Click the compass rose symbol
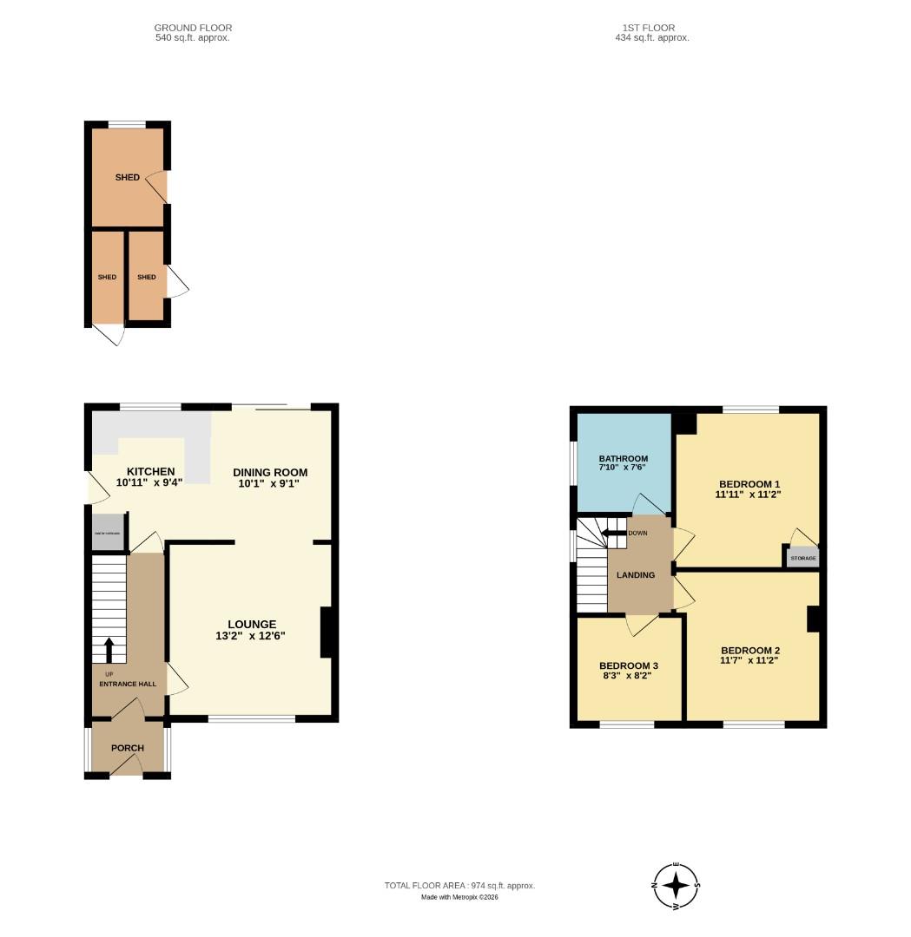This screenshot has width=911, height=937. coord(677,886)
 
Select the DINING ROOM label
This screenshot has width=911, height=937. coord(270,473)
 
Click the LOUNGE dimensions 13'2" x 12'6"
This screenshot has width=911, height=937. coord(251,636)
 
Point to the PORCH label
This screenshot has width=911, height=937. coord(127,748)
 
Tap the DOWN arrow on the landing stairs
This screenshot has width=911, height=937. coord(614,534)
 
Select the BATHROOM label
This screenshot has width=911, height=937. coord(623,459)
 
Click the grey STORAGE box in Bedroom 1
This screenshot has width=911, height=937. coord(802,558)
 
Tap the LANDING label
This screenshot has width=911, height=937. coord(635,575)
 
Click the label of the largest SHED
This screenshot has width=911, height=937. coord(127,178)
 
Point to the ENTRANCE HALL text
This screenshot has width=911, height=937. coord(127,684)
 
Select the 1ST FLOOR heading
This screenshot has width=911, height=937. coord(643,28)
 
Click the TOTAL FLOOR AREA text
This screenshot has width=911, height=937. coord(459,886)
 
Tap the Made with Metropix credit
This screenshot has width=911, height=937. coord(459,897)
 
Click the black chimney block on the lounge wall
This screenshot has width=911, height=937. coord(327,632)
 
